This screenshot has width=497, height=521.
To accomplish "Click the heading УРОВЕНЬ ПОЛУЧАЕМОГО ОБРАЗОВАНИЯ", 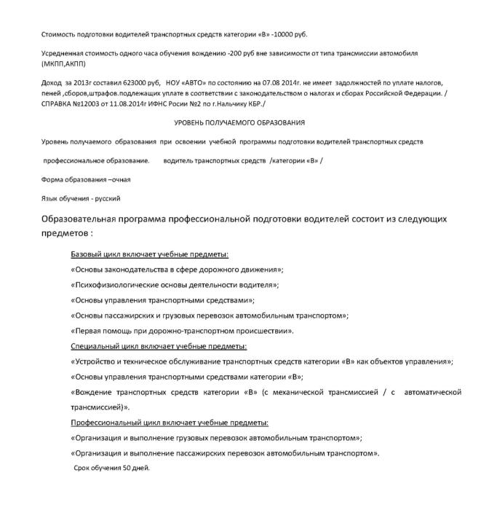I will (239, 122).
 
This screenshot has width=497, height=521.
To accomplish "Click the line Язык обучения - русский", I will (81, 197).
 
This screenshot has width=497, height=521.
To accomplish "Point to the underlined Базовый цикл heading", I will (149, 254).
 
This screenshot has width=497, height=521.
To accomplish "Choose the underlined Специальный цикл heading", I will (158, 346).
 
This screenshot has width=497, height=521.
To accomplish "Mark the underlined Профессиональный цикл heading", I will (169, 423).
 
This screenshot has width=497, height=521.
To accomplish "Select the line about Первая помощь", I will (182, 331).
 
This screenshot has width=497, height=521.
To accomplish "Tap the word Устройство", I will (94, 361).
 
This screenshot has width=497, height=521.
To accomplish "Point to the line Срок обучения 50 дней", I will (111, 467).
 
